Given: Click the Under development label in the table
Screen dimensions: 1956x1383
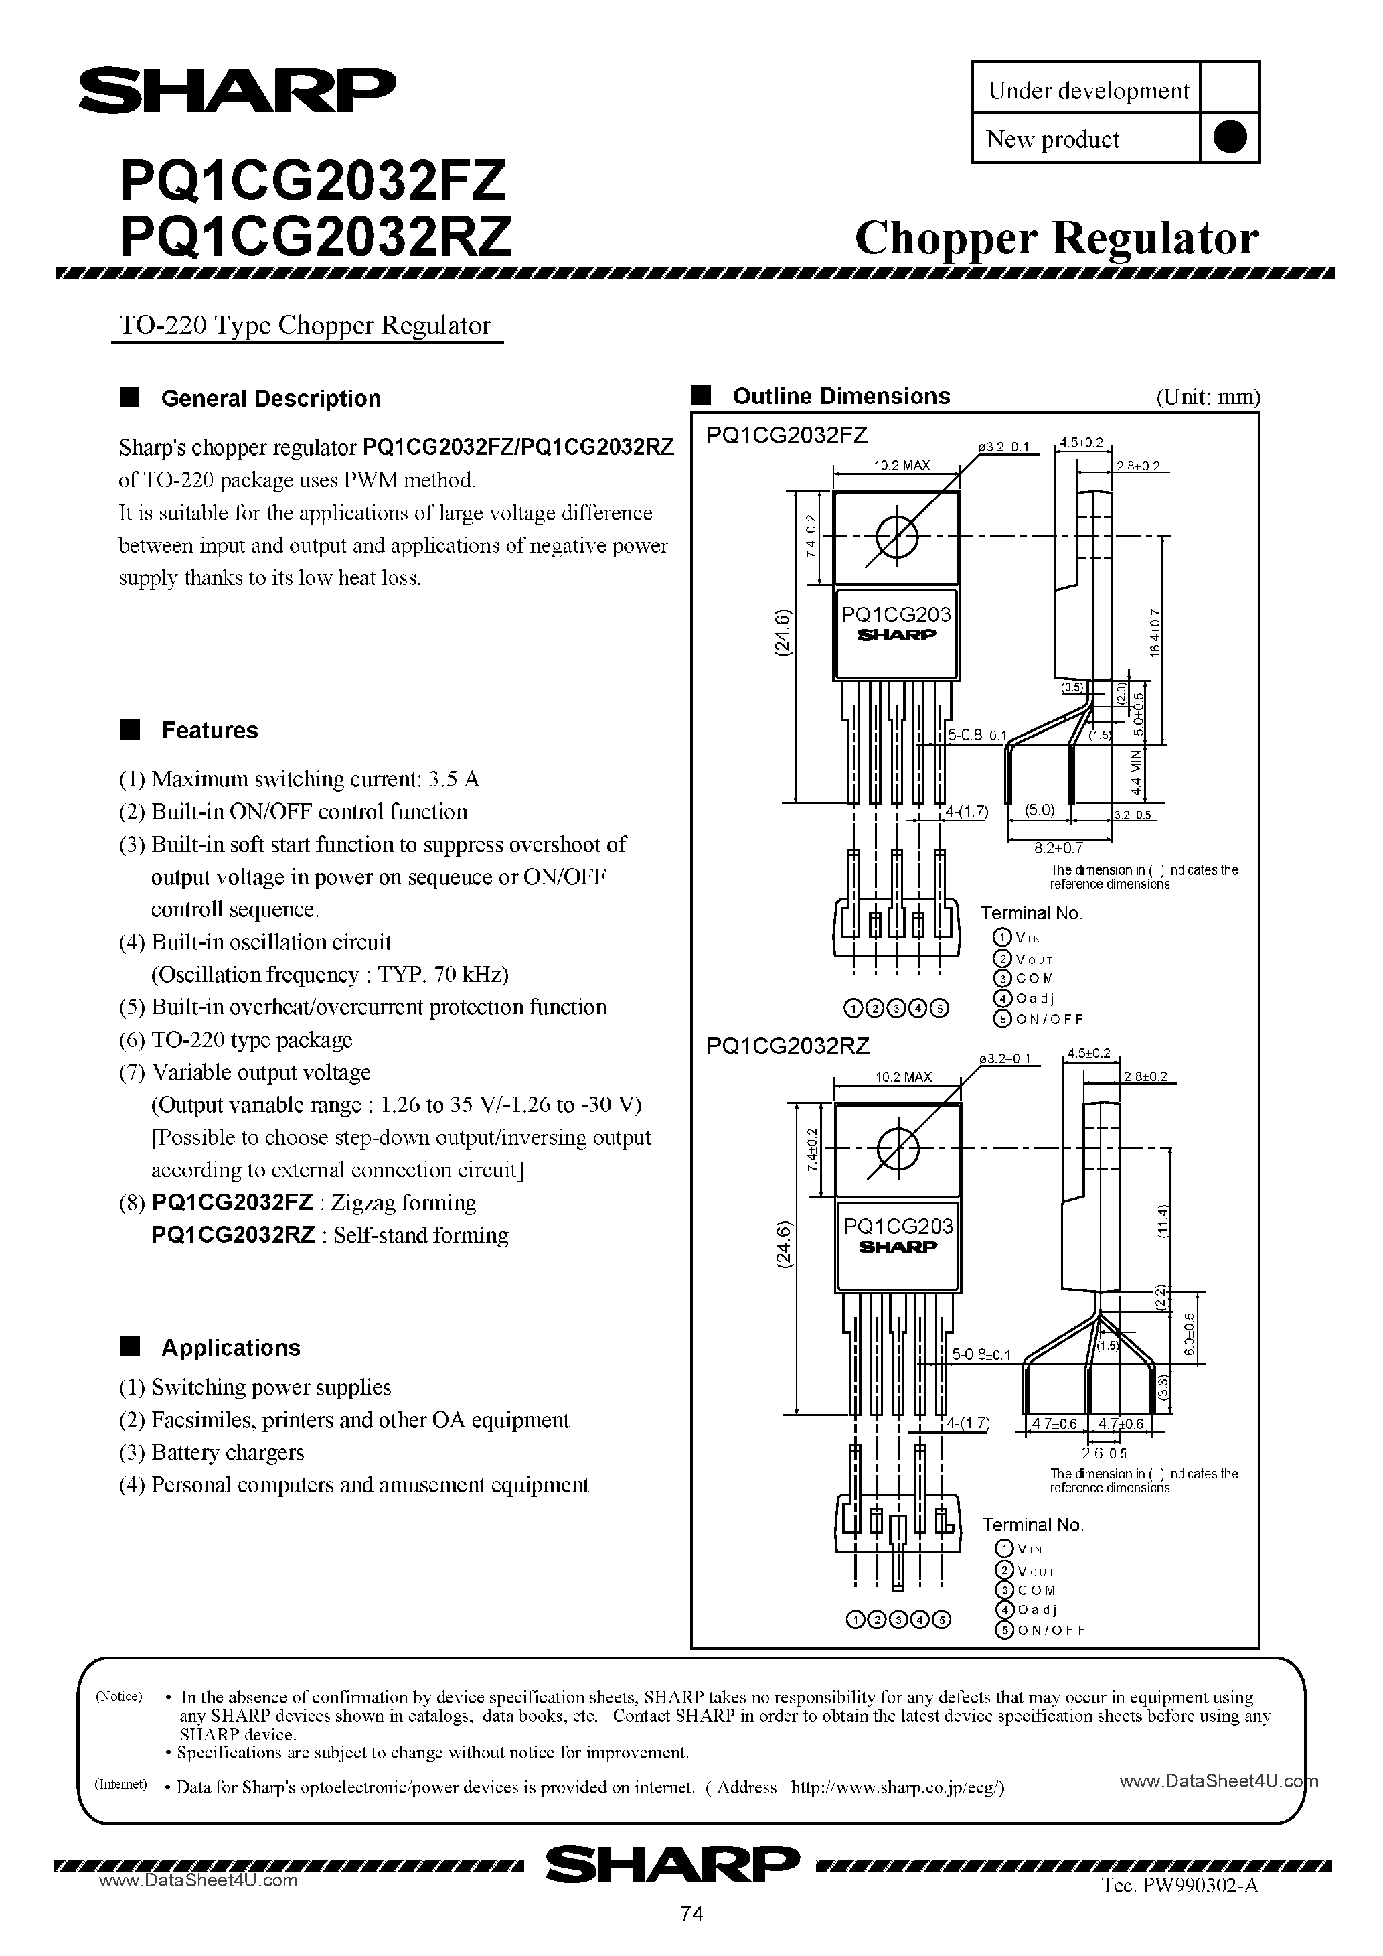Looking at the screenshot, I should pyautogui.click(x=1088, y=90).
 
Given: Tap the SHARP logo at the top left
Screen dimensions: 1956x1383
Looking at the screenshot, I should pyautogui.click(x=238, y=90).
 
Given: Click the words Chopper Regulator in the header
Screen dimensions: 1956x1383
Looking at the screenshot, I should pyautogui.click(x=1056, y=238).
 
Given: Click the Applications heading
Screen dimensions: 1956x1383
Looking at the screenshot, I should pyautogui.click(x=230, y=1348).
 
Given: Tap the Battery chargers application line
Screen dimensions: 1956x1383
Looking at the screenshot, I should pyautogui.click(x=228, y=1452).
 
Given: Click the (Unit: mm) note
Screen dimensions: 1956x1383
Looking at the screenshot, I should pyautogui.click(x=1208, y=397).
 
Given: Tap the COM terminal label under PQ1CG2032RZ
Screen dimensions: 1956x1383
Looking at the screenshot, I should pyautogui.click(x=1036, y=1590).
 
